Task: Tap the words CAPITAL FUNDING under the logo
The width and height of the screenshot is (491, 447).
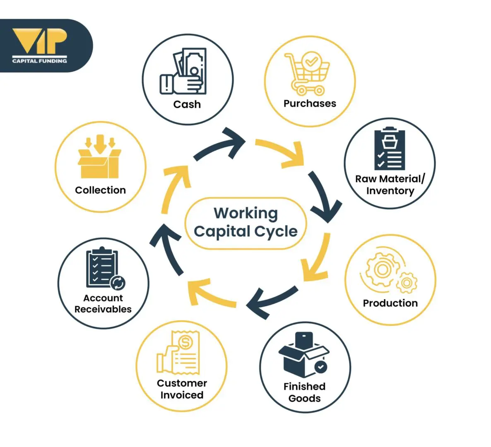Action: (x=40, y=61)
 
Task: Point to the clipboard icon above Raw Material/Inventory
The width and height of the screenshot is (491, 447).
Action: (x=389, y=149)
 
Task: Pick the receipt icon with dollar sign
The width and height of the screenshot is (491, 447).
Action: (x=179, y=352)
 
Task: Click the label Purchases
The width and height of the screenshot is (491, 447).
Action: (x=310, y=103)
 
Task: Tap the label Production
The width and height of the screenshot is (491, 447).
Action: (x=390, y=303)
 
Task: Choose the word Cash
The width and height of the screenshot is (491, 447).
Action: (x=187, y=104)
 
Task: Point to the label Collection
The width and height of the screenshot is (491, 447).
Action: (x=100, y=190)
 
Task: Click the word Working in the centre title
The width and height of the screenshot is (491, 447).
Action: (x=245, y=213)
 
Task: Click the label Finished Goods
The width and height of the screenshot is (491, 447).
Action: (x=304, y=392)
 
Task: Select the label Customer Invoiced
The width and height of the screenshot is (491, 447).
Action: (x=182, y=389)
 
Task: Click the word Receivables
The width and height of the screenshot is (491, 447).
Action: (x=103, y=309)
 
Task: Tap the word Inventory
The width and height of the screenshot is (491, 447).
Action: (x=390, y=191)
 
